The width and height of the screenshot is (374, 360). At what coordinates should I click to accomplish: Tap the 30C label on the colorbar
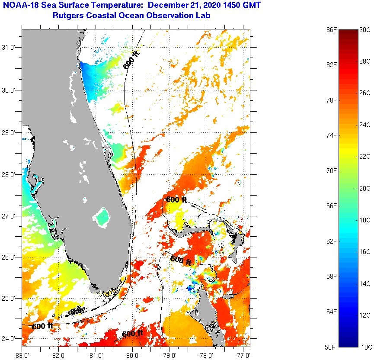pos(365,30)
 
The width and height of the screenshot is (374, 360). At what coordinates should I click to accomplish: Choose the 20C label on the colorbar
pos(365,188)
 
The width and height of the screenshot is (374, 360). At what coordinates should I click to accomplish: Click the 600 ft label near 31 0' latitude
pos(131,60)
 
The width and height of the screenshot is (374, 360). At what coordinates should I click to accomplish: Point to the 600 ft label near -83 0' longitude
pos(42,326)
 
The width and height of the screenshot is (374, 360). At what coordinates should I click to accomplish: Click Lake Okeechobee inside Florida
pos(102,217)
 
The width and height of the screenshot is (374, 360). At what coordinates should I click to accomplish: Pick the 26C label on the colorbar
pos(365,93)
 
